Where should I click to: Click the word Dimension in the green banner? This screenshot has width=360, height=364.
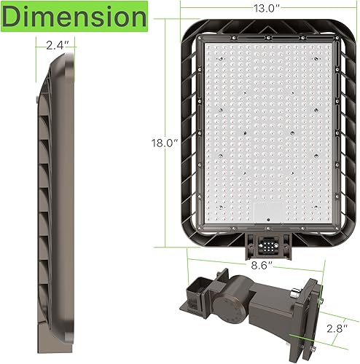click(x=73, y=15)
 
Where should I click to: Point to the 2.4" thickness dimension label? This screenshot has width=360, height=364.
click(x=56, y=45)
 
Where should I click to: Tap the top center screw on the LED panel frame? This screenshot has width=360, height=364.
click(x=267, y=36)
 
